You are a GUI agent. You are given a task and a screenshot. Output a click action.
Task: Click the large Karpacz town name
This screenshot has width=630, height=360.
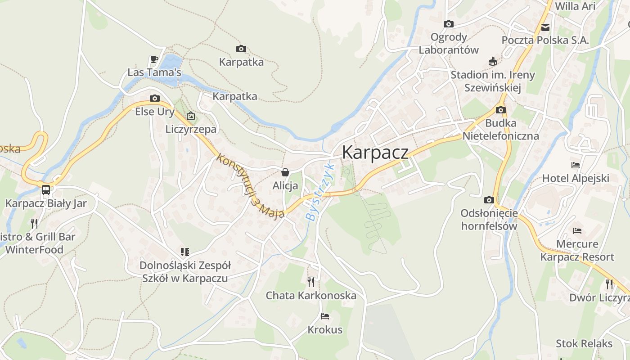point(375,152)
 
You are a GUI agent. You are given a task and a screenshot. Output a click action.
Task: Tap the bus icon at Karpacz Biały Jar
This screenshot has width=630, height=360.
point(46,189)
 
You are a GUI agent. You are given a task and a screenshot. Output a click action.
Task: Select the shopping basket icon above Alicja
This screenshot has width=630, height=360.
point(285,172)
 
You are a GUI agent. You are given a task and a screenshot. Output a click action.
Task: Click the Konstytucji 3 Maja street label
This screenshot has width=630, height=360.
point(250,186)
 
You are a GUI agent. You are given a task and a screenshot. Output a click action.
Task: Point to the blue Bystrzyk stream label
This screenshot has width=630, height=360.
point(320,192)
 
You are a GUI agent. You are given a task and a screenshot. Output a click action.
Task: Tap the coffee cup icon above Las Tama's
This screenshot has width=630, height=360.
point(154,59)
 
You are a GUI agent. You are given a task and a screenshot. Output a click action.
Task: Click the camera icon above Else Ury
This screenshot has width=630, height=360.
point(154,98)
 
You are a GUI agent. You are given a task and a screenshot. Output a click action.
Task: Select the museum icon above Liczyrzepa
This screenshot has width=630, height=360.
point(191,116)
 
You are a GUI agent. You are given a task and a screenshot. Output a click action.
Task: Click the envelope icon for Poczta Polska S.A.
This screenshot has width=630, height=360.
point(545,27)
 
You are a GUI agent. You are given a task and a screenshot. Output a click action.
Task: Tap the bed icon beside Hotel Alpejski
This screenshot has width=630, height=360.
point(575,165)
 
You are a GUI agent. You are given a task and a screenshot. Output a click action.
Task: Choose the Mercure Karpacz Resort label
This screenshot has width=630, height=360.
point(577,251)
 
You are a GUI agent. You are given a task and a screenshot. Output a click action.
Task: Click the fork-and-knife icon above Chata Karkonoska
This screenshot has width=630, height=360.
point(311,282)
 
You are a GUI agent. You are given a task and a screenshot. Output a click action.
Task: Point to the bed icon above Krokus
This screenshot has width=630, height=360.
point(325,316)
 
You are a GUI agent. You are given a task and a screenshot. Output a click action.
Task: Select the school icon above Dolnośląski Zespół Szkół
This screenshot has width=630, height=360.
point(185,252)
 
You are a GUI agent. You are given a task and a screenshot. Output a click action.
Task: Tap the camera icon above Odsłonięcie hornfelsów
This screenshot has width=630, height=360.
point(489,200)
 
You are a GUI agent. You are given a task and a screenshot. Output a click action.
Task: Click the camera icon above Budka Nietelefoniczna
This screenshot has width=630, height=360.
point(500,110)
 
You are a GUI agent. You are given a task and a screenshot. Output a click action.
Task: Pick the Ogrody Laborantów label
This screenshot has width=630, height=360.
point(449,43)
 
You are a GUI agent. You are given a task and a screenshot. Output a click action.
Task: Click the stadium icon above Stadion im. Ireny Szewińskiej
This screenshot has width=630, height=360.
point(493,62)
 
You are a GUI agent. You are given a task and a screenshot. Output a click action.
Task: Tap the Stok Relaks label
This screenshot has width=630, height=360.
point(584,344)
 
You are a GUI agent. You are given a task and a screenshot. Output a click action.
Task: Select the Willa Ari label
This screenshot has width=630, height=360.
point(575,6)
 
